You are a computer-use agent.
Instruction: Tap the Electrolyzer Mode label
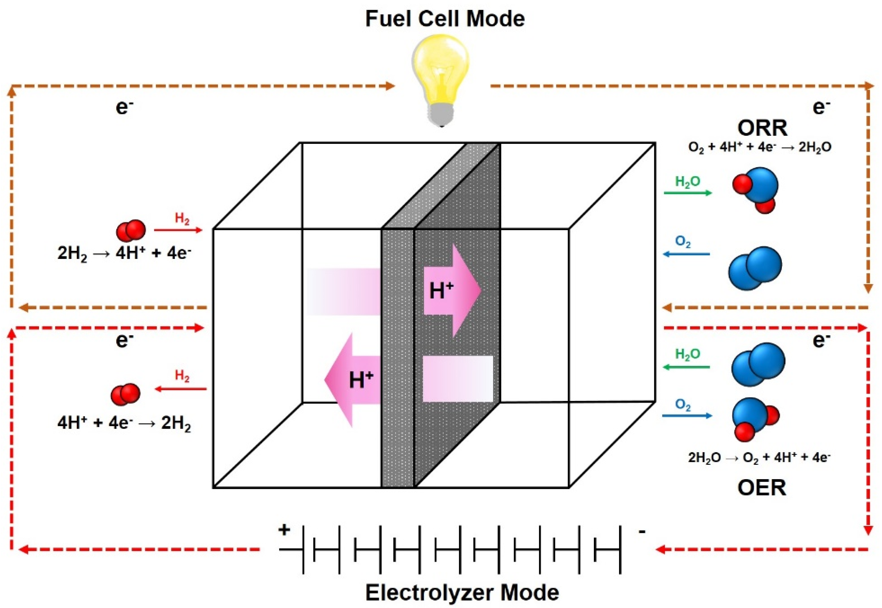(x=462, y=592)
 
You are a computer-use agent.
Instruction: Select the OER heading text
(x=762, y=488)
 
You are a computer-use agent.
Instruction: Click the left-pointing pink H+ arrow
(x=352, y=380)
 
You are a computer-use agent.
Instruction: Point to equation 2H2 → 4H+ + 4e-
(x=124, y=254)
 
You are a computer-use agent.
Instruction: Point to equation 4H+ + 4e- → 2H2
(x=124, y=423)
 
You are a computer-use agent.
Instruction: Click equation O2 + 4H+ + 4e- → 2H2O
(x=759, y=148)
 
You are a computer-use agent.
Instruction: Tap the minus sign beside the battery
(x=642, y=531)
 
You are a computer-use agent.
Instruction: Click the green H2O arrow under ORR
(x=687, y=193)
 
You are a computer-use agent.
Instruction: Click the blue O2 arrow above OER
(x=687, y=416)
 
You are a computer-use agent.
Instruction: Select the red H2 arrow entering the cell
(x=178, y=230)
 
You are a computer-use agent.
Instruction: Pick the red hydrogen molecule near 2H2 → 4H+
(x=131, y=231)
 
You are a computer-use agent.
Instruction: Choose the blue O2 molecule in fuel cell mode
(x=754, y=268)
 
